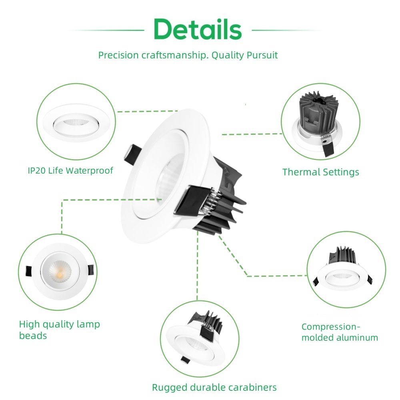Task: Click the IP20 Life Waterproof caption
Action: [x=70, y=171]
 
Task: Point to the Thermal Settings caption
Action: [x=320, y=172]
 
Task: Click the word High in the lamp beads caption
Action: [x=30, y=324]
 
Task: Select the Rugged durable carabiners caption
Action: [x=214, y=387]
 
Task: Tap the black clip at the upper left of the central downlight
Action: [x=132, y=154]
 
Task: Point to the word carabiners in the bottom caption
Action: [x=255, y=387]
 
